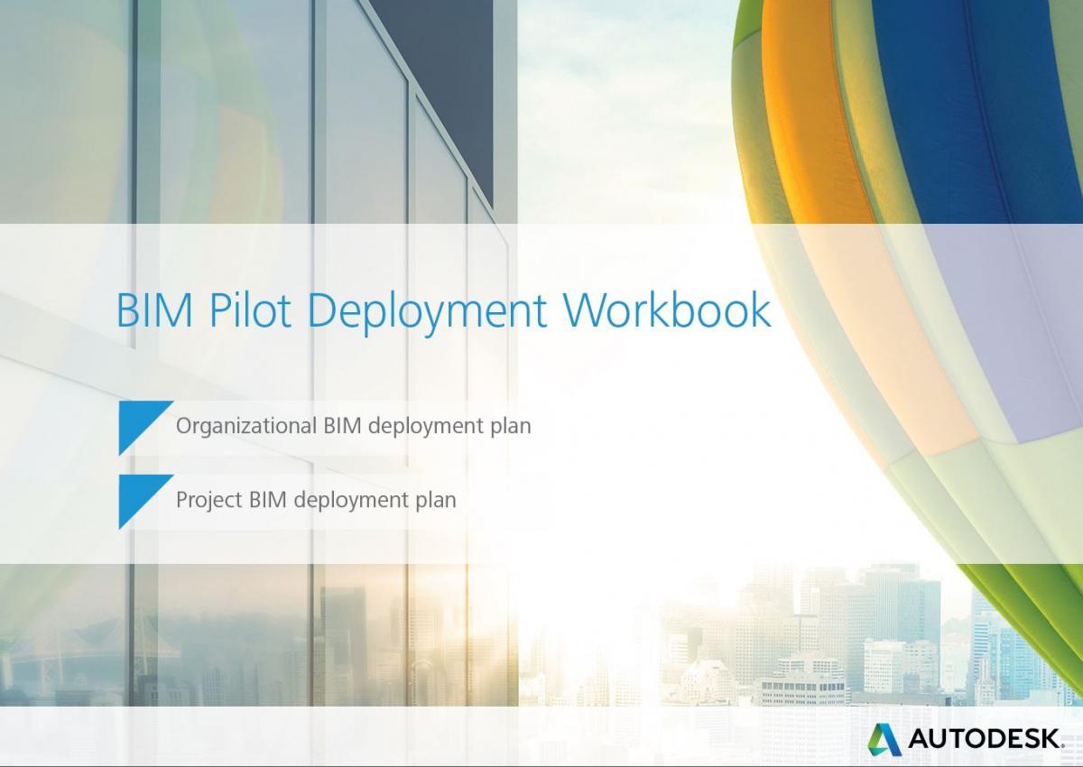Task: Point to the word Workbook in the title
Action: point(668,310)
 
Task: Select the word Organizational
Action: point(246,426)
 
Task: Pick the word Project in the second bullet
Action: point(208,499)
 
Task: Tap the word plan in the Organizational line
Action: point(511,426)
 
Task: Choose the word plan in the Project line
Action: point(436,499)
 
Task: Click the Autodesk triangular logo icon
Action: point(884,739)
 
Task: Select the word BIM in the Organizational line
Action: point(343,426)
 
